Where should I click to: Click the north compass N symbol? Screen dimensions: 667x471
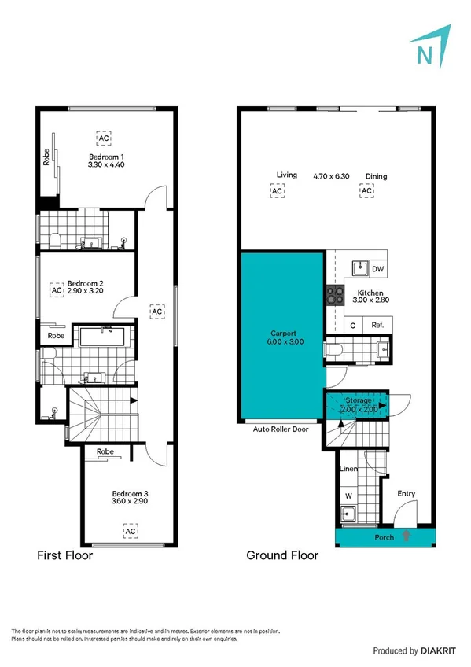click(x=425, y=55)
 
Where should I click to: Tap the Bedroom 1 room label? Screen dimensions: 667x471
click(x=106, y=157)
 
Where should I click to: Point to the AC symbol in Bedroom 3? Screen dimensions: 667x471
click(x=130, y=531)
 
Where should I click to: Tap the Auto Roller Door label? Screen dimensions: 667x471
click(x=280, y=429)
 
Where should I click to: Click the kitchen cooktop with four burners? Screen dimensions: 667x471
click(x=336, y=295)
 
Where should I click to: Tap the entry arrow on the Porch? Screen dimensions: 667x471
click(x=406, y=537)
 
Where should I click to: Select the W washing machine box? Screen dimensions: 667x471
click(x=348, y=496)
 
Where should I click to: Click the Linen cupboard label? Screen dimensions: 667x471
click(x=348, y=469)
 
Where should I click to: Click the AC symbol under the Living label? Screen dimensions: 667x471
click(x=277, y=190)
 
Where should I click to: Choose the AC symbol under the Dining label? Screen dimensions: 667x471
click(x=366, y=190)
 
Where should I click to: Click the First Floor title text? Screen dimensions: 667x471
click(x=65, y=555)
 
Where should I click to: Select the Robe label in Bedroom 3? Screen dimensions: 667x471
click(x=106, y=452)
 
